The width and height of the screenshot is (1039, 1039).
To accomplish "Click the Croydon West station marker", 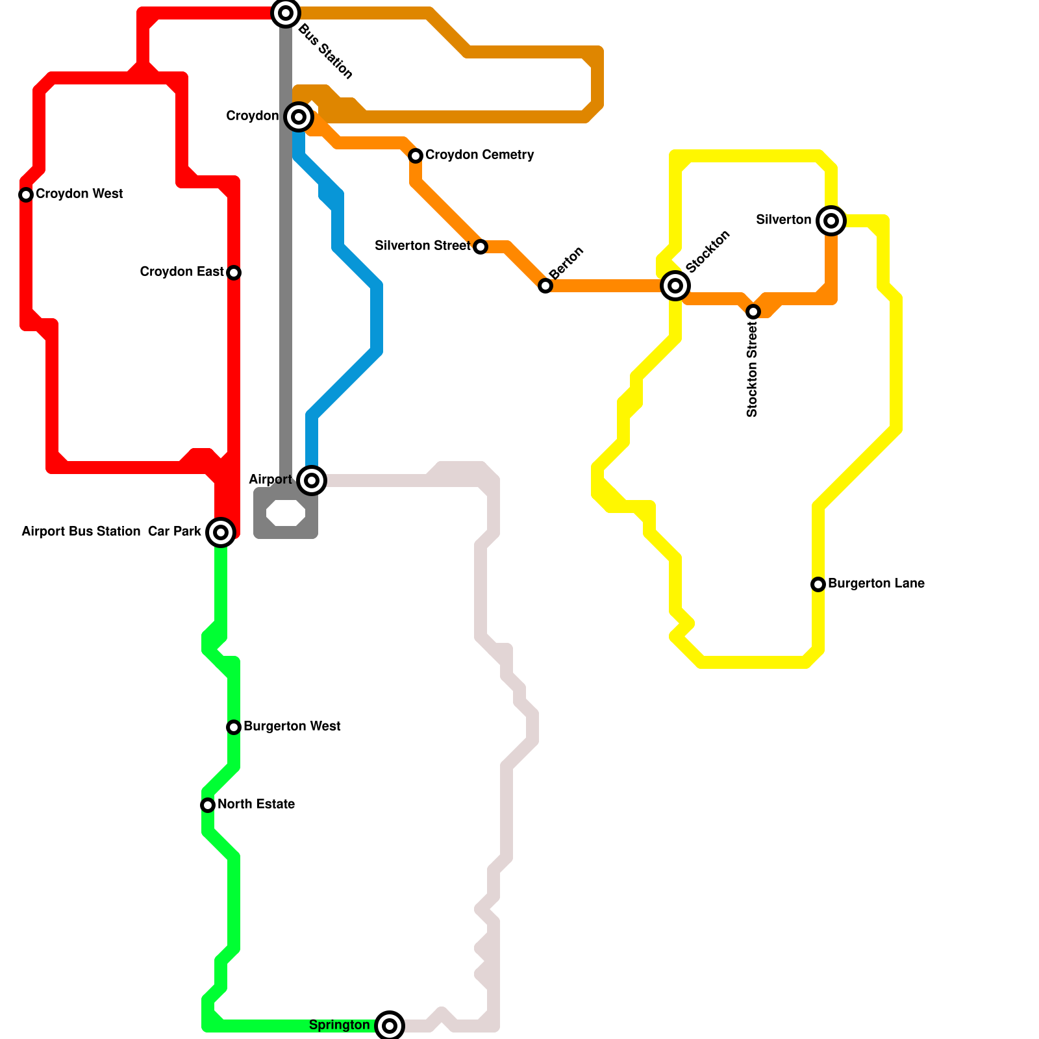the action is (26, 195).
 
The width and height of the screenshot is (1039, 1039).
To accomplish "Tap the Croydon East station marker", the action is (234, 273).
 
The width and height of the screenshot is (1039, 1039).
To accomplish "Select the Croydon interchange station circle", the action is (299, 117).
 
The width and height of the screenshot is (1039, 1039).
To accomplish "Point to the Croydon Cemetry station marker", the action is (416, 156).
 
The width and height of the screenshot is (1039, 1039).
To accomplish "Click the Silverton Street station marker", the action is (481, 247).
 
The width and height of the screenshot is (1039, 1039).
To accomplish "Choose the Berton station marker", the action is (545, 286).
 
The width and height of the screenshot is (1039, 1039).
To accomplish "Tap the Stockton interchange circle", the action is (675, 286).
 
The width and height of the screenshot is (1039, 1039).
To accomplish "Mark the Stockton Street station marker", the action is (753, 312).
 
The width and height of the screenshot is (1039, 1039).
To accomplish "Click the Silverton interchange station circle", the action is (831, 221).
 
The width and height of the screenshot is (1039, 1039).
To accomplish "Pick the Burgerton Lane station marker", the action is (818, 584).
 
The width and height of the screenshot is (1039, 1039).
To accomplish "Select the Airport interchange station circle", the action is (312, 481).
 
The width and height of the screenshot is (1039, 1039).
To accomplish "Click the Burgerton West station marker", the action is (234, 727).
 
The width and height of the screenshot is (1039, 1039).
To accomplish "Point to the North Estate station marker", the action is (208, 805).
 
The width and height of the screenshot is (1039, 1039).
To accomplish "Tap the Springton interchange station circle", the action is (390, 1026).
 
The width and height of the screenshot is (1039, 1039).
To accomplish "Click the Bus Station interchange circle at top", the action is (286, 13).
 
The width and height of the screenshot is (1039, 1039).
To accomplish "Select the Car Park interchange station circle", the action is (221, 532).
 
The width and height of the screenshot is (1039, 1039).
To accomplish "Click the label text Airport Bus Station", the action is (81, 532).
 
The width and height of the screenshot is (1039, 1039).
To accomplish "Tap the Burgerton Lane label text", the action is (876, 584).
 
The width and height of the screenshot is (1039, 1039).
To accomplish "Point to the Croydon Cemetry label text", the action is (479, 155).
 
